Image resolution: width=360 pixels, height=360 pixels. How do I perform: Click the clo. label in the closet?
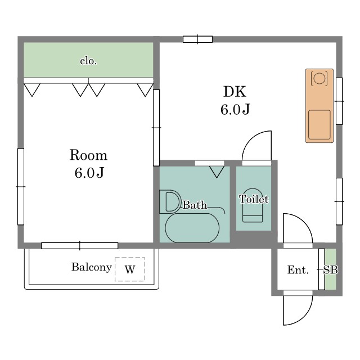point(88,61)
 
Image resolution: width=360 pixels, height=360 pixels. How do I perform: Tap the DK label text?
point(235,91)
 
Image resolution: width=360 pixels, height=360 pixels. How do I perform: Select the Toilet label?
point(254,199)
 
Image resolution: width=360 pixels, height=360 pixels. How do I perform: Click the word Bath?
point(195,205)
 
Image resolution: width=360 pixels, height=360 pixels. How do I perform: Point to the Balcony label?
point(92,267)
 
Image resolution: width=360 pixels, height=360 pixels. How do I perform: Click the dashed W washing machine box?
point(130,269)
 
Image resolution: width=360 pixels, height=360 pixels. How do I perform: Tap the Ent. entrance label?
point(298,270)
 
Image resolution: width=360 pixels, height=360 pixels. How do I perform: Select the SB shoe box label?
point(331,270)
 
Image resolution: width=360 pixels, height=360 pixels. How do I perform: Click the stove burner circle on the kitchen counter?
point(319,78)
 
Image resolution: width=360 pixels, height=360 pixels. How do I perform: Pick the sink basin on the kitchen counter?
point(319,125)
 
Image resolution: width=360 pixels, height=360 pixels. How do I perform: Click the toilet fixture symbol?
point(253,205)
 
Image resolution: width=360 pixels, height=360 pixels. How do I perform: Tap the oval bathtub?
point(192,228)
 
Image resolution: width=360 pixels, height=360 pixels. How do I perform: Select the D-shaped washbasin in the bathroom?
point(170,202)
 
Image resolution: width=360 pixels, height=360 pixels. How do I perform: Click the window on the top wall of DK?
point(197,39)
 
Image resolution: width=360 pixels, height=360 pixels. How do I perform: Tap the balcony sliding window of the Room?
point(80,246)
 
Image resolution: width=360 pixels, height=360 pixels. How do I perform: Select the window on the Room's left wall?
point(21,187)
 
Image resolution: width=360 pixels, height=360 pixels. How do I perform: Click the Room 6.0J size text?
point(89,164)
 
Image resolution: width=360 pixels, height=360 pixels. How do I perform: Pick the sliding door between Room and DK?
point(156,128)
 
